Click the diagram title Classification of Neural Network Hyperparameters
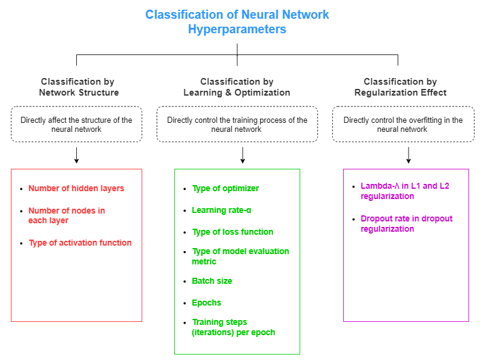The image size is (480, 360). point(237,21)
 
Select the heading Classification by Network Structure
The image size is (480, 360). point(78,87)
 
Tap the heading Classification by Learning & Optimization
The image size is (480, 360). point(237,87)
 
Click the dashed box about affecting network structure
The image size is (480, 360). point(76,125)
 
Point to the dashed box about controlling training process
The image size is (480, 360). point(237,125)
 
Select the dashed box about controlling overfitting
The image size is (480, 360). point(403,125)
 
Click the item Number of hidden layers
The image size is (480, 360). point(76,188)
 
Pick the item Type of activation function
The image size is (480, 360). point(80,243)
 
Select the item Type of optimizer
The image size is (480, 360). point(225,188)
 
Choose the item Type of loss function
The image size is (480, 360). point(232,232)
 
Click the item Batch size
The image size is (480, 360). point(212,281)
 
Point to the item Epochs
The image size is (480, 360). point(206,303)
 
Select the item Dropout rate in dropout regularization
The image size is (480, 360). point(406,224)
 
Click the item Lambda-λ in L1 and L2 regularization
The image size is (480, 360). point(405,191)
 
